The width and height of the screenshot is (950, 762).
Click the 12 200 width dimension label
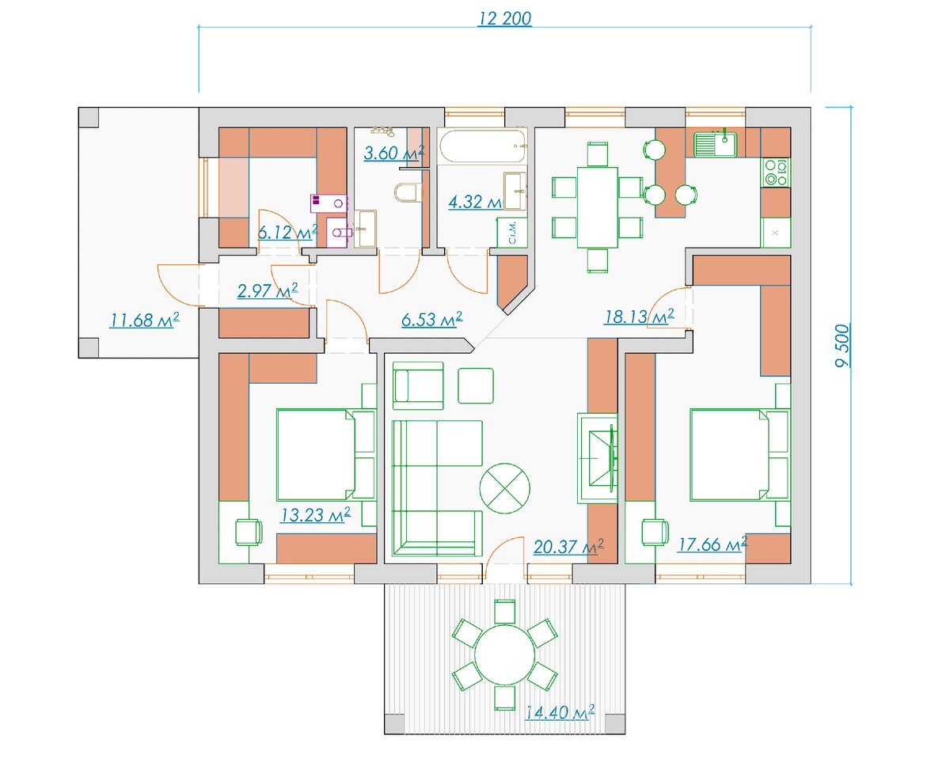point(504,18)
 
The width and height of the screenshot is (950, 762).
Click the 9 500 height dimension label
point(842,346)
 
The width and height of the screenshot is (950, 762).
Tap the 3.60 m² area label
point(394,153)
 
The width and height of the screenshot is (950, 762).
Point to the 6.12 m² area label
point(288,232)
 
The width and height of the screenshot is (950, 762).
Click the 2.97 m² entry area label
point(268,290)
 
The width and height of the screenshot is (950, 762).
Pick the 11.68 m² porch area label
point(144,320)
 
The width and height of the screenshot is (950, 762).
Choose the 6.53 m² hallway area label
point(432,319)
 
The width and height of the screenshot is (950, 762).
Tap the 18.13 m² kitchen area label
point(639,317)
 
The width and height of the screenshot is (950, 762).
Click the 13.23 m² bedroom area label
point(316,515)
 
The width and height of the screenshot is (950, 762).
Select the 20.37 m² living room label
point(568,547)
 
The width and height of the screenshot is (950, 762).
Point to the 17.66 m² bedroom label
point(712,544)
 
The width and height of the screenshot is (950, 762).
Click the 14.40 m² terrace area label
point(560,713)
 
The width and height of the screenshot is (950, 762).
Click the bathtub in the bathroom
point(482,146)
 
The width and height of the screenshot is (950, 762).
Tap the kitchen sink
point(715,144)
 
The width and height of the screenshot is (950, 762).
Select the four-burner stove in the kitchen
point(776,172)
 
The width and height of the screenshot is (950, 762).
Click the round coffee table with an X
point(504,488)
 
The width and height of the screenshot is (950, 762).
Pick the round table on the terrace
point(504,655)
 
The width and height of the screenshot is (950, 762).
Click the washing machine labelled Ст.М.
point(512,233)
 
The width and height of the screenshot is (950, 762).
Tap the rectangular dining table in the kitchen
point(597,207)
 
